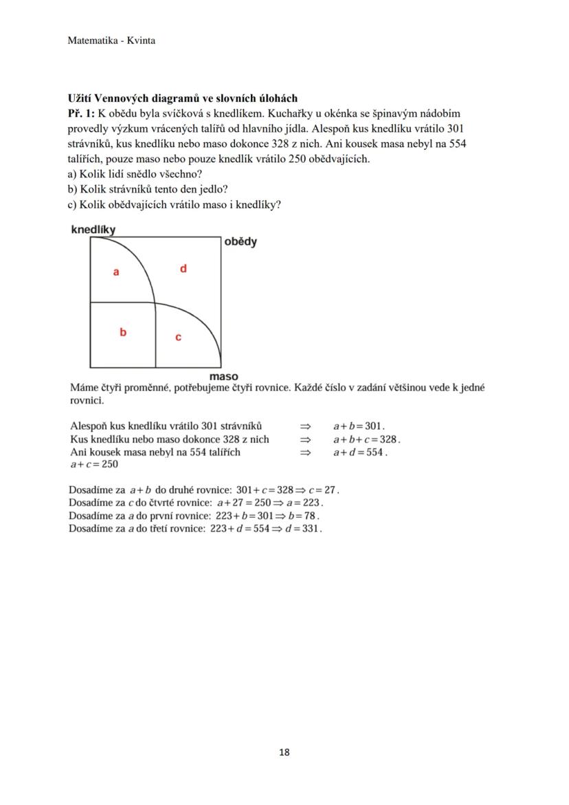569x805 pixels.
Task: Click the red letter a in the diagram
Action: (x=116, y=272)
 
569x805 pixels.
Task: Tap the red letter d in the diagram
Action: (x=183, y=269)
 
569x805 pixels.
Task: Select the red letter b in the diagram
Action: (x=123, y=333)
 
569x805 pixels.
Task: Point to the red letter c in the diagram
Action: (x=178, y=337)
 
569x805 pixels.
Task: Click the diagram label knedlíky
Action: (x=93, y=230)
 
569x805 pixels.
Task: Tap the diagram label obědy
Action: (x=241, y=242)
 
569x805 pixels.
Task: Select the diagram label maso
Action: (x=224, y=377)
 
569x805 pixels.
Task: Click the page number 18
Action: (x=284, y=752)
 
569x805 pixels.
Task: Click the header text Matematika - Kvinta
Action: (x=111, y=41)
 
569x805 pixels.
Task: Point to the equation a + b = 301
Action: (x=359, y=426)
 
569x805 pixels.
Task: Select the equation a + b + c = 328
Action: (x=366, y=439)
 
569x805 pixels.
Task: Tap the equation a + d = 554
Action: (x=360, y=452)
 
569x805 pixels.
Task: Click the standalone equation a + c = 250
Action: (x=94, y=465)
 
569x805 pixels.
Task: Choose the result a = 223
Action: (x=304, y=503)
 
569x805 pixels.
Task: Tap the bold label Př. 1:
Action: (x=81, y=113)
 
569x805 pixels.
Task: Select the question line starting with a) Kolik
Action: (x=135, y=174)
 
